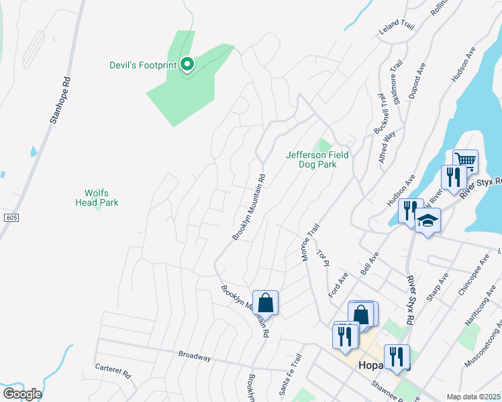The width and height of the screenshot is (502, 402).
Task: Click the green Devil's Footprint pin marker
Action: pyautogui.click(x=188, y=64)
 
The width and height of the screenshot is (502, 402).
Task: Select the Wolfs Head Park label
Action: pyautogui.click(x=101, y=197)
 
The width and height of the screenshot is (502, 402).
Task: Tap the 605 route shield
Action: pyautogui.click(x=10, y=218)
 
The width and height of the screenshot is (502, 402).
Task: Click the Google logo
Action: pyautogui.click(x=21, y=394)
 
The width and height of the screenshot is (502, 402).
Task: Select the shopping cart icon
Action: pyautogui.click(x=465, y=161)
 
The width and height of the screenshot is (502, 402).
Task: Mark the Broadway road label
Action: pyautogui.click(x=195, y=356)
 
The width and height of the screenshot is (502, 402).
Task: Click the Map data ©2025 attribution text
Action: pyautogui.click(x=473, y=397)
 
